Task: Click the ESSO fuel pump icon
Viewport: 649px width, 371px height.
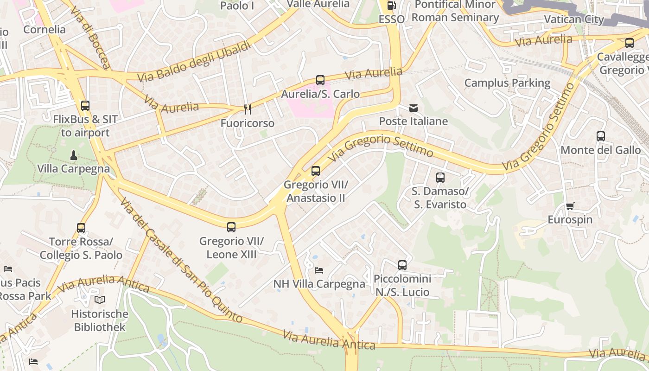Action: (x=392, y=6)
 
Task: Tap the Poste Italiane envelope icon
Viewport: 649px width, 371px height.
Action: (x=414, y=108)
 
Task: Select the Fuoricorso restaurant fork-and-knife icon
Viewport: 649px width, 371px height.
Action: (x=248, y=109)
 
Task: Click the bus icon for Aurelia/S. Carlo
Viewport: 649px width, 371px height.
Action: (x=320, y=80)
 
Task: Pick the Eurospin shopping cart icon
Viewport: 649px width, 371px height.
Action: (x=570, y=206)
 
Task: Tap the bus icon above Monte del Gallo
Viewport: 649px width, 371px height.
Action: (x=601, y=136)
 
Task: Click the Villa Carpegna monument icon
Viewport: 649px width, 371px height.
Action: (x=73, y=154)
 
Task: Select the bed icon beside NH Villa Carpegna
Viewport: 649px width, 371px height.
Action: (x=319, y=270)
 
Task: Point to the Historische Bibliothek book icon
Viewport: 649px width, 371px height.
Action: (x=100, y=300)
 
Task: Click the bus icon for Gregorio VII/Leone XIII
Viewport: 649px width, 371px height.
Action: (x=231, y=227)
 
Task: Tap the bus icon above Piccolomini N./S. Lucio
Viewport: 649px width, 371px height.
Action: (x=402, y=265)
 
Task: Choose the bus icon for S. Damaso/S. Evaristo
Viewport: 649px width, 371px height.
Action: (x=440, y=177)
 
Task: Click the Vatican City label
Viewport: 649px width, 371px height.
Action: (x=574, y=19)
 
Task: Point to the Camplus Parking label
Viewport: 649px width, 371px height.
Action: (x=507, y=83)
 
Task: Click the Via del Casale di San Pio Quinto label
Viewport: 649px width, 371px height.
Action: (x=181, y=260)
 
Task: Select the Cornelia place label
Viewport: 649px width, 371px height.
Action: (x=45, y=30)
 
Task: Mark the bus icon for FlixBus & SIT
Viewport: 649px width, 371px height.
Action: (x=85, y=106)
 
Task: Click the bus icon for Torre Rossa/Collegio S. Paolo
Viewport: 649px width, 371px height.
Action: (x=81, y=228)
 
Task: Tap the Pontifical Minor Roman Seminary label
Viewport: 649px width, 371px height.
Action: (x=455, y=11)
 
